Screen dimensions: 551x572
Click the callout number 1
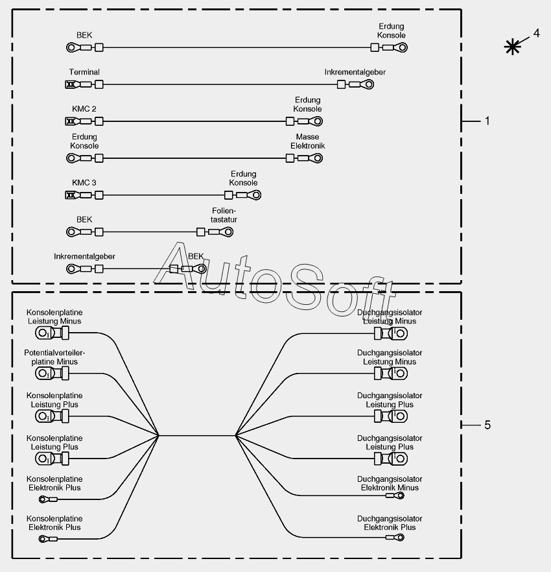[x=487, y=121]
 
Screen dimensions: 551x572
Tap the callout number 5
[x=487, y=425]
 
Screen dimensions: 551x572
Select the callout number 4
[x=536, y=32]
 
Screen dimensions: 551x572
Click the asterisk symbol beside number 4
[x=513, y=46]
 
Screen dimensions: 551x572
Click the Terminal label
[x=84, y=72]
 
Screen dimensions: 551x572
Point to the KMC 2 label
[x=84, y=109]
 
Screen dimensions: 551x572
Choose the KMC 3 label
[x=84, y=183]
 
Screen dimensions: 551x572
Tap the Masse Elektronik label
[x=307, y=141]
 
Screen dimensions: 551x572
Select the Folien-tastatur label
[x=224, y=215]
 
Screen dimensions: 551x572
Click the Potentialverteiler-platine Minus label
[x=54, y=357]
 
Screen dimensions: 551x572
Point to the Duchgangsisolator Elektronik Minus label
[x=390, y=483]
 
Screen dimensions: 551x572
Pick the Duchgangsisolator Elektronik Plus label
[x=390, y=523]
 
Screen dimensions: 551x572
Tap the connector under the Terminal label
[x=71, y=84]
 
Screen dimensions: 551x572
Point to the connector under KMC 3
[x=71, y=195]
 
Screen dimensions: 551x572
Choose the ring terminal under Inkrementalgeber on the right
[x=380, y=84]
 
